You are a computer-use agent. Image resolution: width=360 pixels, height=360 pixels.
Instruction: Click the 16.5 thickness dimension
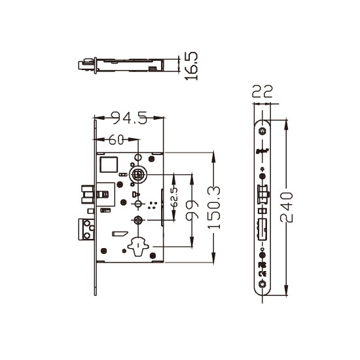[x=191, y=66]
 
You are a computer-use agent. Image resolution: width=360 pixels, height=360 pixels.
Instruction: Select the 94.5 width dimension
[x=130, y=118]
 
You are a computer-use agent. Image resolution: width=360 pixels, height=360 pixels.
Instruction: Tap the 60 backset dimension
[x=116, y=139]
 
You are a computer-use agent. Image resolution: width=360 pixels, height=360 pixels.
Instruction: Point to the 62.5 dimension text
[x=175, y=197]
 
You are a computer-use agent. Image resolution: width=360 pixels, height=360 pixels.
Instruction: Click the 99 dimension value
[x=192, y=210]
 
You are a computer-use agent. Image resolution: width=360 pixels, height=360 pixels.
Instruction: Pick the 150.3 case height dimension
[x=214, y=207]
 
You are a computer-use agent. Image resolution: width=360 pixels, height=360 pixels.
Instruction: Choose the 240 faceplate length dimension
[x=287, y=207]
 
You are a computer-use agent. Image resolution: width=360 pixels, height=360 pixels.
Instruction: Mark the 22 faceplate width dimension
[x=262, y=91]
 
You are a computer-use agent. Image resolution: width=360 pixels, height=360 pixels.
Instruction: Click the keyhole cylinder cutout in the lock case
[x=138, y=247]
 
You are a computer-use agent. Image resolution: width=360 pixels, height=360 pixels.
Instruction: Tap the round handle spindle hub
[x=138, y=175]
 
